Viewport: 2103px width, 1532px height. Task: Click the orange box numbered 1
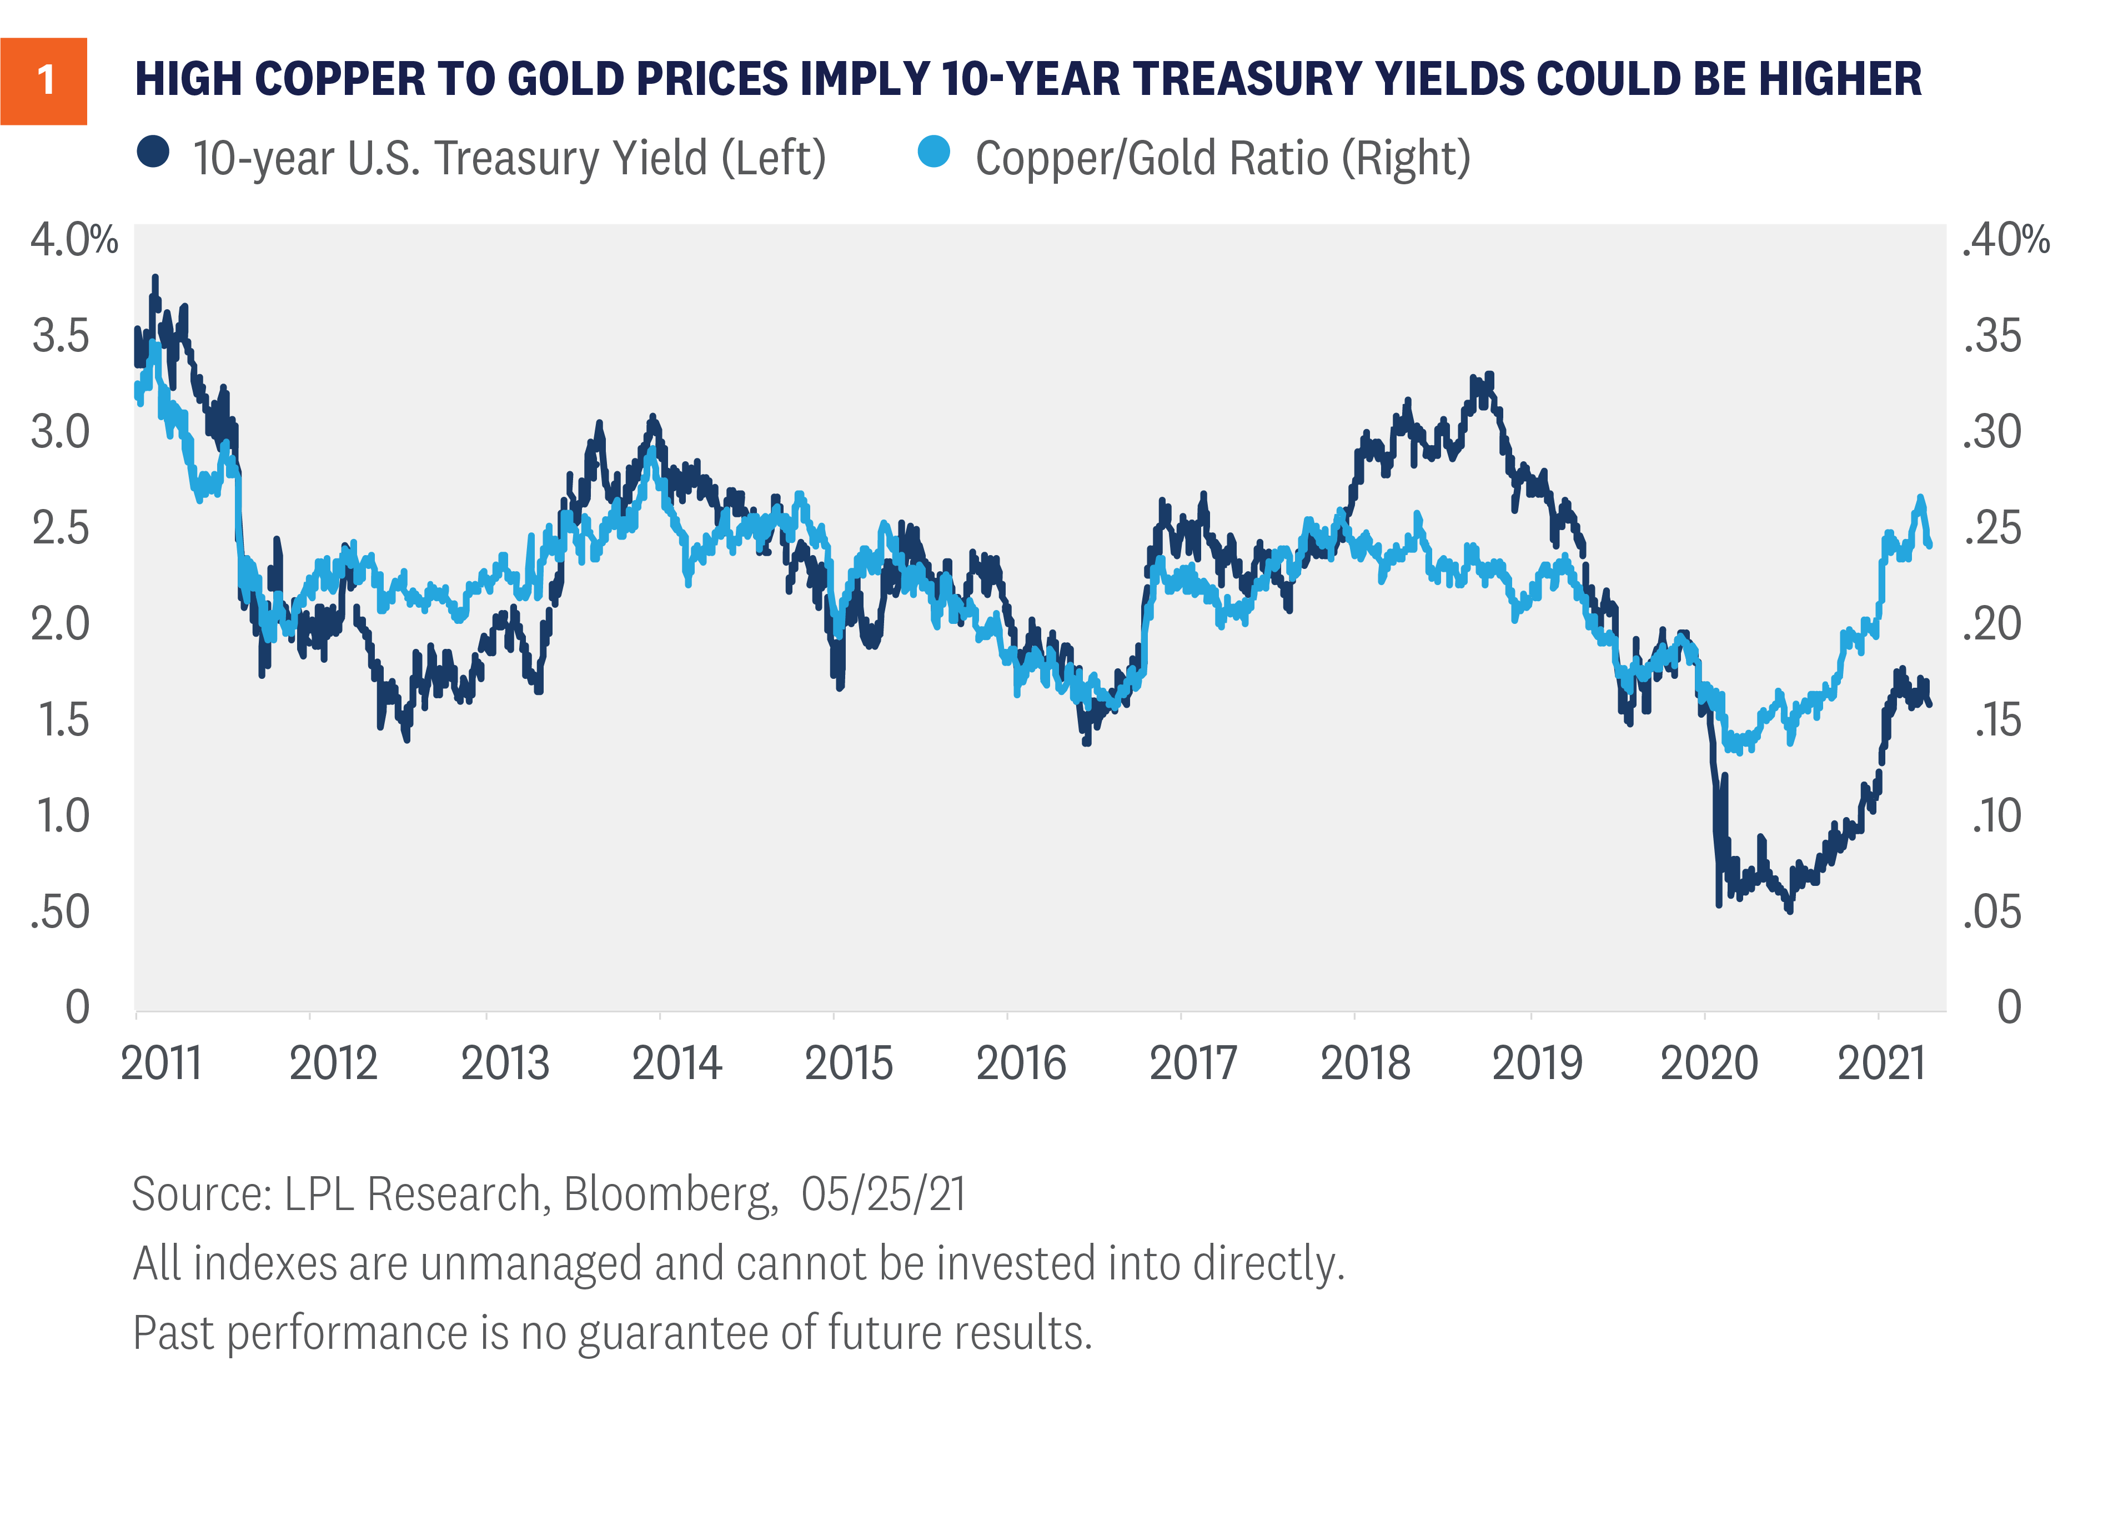(x=44, y=82)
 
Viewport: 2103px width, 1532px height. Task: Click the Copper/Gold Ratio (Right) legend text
(x=1223, y=159)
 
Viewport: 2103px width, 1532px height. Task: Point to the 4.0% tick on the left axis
(x=74, y=240)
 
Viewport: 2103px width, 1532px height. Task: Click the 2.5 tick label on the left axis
(x=61, y=528)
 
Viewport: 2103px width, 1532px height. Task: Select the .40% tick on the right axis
(x=2006, y=240)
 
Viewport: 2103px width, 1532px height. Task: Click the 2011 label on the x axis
(x=162, y=1064)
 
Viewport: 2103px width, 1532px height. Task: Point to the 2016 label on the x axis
(x=1021, y=1064)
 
